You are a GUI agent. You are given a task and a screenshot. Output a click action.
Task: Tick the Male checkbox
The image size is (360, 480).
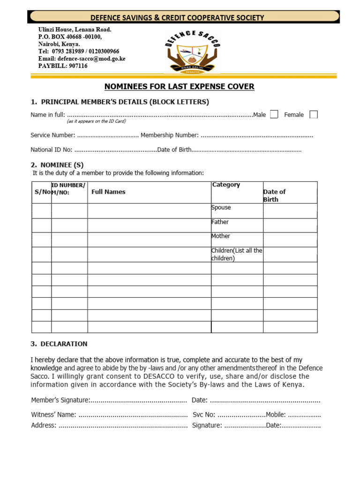pos(274,114)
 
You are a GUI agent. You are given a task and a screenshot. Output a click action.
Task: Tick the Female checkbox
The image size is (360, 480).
pos(314,114)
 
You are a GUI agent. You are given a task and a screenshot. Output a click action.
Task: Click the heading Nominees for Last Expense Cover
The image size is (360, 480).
pos(179,86)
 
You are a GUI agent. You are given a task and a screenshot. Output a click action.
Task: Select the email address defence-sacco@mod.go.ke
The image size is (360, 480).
pos(91,59)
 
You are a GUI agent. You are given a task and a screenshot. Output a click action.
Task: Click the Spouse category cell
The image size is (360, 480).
pos(237,210)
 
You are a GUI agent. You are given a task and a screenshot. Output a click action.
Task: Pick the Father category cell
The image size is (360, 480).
pos(237,225)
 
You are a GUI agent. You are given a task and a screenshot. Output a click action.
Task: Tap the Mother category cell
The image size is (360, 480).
pos(237,240)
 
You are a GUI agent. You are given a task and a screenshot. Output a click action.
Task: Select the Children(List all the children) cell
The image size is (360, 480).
pos(237,254)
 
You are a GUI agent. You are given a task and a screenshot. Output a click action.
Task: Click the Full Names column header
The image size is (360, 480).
pos(108,192)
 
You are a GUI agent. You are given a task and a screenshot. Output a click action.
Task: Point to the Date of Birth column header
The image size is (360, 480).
pos(275,195)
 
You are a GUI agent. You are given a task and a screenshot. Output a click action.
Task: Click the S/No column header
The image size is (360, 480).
pos(42,192)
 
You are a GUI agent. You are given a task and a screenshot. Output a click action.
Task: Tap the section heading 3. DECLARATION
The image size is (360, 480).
pos(59,344)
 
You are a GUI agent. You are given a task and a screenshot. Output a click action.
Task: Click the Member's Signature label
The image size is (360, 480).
pos(60,400)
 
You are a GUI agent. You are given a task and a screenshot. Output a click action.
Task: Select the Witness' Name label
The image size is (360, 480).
pos(53,415)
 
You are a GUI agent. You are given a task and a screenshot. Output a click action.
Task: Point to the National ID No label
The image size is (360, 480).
pos(52,150)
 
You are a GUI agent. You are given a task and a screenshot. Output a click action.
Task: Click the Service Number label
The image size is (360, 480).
pos(52,135)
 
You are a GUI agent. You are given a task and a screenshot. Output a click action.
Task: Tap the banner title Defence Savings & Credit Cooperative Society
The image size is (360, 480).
pos(177,18)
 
